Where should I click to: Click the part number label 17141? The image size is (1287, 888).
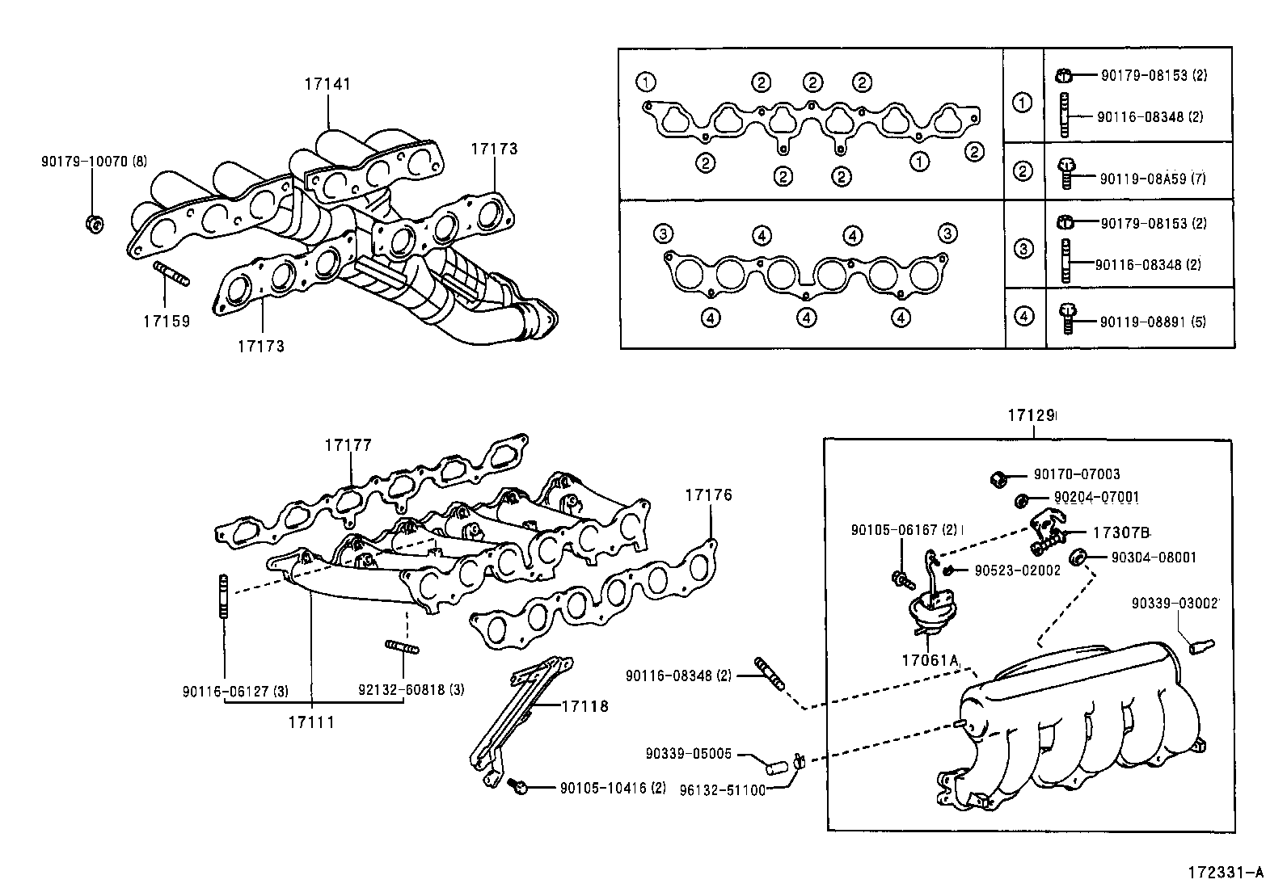tap(327, 84)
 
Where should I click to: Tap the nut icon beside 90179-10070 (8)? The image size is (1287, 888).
tap(93, 223)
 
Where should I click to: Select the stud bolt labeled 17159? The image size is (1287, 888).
tap(170, 274)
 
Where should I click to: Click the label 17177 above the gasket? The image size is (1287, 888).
tap(348, 445)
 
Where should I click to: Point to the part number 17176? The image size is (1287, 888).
tap(709, 495)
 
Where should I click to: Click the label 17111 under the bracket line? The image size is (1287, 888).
tap(311, 722)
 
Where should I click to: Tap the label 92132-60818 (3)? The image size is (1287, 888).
tap(411, 691)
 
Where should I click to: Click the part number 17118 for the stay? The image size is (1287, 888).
tap(585, 706)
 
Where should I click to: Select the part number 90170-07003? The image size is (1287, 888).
tap(1077, 475)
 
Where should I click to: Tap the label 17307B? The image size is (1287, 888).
tap(1120, 533)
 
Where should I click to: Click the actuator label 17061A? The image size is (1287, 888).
tap(930, 659)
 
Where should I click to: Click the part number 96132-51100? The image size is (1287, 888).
tap(722, 789)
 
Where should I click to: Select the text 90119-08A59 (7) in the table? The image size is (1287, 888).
tap(1152, 179)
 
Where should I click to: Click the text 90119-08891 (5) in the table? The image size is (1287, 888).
tap(1152, 322)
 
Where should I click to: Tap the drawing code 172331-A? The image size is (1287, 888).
tap(1224, 873)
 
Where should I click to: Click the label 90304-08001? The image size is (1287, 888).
tap(1154, 558)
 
